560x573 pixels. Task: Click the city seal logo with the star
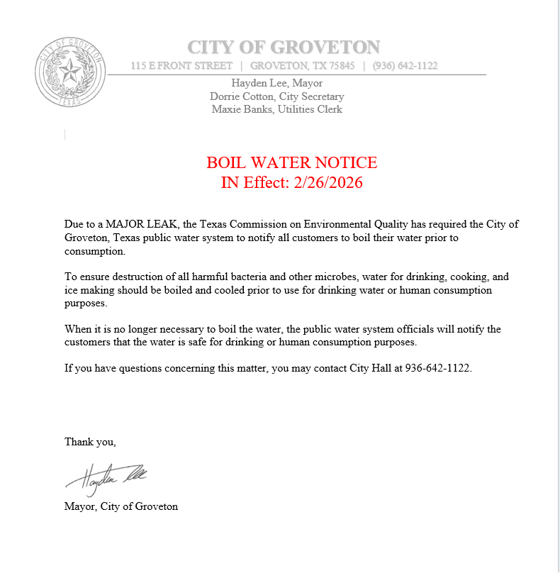(70, 71)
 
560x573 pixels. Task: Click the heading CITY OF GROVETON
(284, 48)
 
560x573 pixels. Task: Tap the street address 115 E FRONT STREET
(181, 66)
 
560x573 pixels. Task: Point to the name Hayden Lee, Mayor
(277, 83)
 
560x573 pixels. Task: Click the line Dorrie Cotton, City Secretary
(277, 96)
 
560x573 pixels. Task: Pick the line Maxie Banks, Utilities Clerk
(277, 109)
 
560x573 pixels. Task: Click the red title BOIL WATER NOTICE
(291, 162)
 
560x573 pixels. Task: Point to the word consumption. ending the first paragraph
(94, 251)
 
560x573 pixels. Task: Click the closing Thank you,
(90, 442)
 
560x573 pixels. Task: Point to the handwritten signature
(106, 477)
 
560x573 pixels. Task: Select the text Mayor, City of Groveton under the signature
(121, 506)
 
